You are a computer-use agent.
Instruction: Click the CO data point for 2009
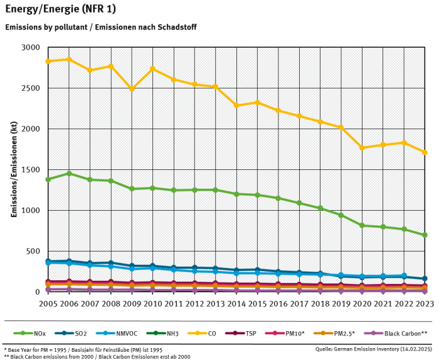pyautogui.click(x=132, y=89)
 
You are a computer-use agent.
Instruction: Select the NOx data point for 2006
pyautogui.click(x=68, y=174)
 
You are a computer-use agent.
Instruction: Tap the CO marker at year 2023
pyautogui.click(x=425, y=152)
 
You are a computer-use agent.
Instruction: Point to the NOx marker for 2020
pyautogui.click(x=362, y=225)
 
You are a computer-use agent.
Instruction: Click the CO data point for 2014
pyautogui.click(x=236, y=105)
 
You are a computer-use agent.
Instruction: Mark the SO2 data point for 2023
pyautogui.click(x=425, y=278)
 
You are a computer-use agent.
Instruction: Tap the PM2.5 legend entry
pyautogui.click(x=339, y=334)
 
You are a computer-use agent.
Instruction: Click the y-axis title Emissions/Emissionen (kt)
pyautogui.click(x=13, y=169)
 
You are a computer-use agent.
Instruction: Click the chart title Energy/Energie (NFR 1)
pyautogui.click(x=60, y=9)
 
